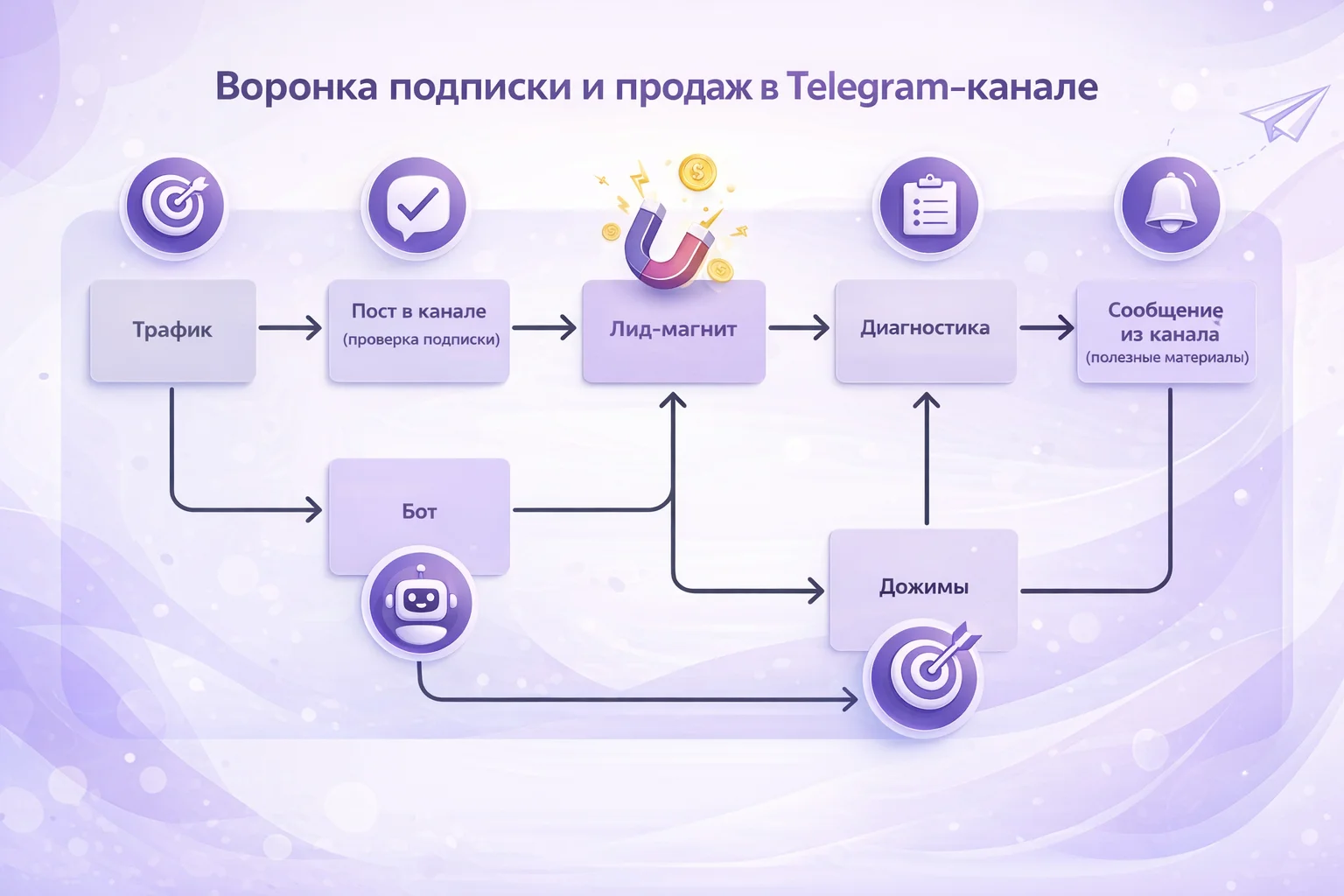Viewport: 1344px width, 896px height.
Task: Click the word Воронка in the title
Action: tap(297, 87)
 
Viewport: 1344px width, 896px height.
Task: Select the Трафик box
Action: tap(172, 330)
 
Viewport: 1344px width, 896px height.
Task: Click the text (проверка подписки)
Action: tap(421, 339)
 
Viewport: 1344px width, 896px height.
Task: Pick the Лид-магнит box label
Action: tap(673, 330)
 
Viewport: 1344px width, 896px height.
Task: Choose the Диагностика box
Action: tap(925, 328)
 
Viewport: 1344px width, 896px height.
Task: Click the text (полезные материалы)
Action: tap(1167, 357)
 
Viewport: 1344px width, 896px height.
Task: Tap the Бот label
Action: tap(419, 512)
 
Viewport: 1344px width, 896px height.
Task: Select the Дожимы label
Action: tap(924, 587)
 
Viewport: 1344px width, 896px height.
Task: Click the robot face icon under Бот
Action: tap(419, 604)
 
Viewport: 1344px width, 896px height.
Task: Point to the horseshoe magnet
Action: tap(665, 246)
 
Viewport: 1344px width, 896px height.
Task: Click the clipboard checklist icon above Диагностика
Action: tap(928, 206)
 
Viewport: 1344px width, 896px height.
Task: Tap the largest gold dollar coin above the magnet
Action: tap(697, 172)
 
